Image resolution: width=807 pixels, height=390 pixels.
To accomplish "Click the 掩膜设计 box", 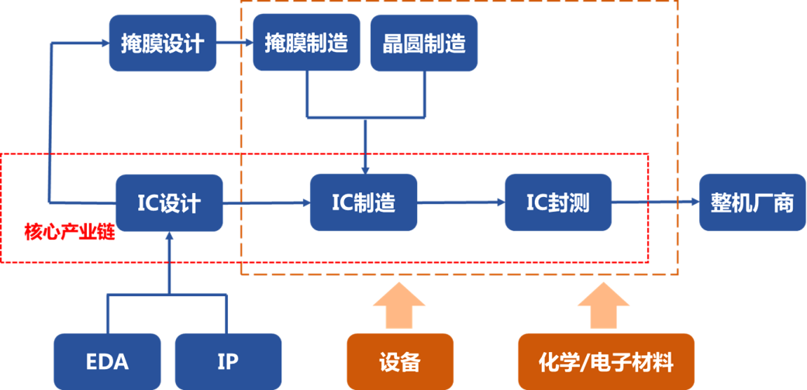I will click(x=162, y=43).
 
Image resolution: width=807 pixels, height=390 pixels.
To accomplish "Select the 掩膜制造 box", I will click(x=306, y=43).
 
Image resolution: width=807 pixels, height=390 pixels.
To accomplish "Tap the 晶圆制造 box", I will click(x=424, y=43).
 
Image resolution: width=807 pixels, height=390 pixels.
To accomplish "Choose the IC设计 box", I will click(x=169, y=202).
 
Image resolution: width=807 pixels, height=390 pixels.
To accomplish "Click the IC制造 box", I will click(x=364, y=202).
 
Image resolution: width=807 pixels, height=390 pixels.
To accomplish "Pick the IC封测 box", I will click(x=558, y=202).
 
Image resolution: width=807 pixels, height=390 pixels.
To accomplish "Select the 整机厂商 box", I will click(x=752, y=202).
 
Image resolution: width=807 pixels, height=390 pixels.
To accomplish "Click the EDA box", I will click(x=107, y=361).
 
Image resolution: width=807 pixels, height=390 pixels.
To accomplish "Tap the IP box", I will click(x=228, y=361).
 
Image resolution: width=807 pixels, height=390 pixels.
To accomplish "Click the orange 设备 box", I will click(x=399, y=361).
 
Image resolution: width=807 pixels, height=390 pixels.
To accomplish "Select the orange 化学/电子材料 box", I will click(x=605, y=361).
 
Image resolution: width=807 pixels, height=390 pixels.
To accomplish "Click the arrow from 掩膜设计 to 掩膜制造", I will click(x=235, y=43).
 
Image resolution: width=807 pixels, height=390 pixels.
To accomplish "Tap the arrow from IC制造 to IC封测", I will click(x=460, y=203).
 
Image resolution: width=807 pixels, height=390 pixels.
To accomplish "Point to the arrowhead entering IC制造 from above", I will click(x=364, y=167).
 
